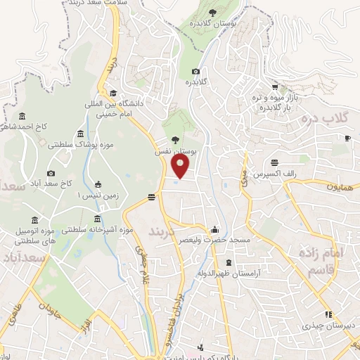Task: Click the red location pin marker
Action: point(181,165)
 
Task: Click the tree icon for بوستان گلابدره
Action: point(212,11)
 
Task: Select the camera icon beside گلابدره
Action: point(195,72)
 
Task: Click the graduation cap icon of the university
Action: point(112,93)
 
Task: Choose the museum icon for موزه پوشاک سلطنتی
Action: point(81,134)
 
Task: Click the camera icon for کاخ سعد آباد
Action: point(51,174)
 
